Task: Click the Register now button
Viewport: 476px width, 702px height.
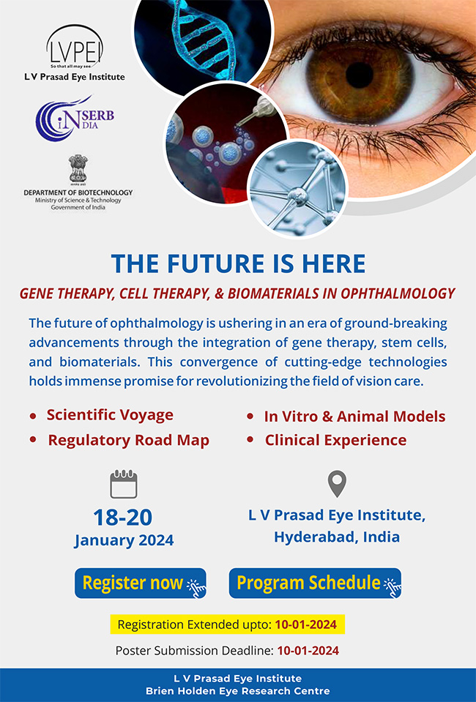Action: (140, 583)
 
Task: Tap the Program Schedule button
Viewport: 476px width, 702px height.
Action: (315, 583)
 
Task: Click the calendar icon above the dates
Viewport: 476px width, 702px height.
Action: (124, 485)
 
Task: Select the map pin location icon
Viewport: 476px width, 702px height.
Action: (337, 484)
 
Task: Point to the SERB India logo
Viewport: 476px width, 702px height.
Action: (75, 118)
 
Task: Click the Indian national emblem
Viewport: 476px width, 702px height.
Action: (78, 169)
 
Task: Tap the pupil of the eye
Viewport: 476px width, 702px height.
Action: (359, 75)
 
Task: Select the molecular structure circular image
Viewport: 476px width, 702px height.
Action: (297, 188)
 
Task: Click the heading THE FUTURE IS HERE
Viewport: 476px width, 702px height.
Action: (238, 264)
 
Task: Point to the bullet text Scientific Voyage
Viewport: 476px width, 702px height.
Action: (110, 415)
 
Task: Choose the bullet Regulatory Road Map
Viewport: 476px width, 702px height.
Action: (128, 440)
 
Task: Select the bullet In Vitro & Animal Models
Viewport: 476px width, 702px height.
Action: (354, 417)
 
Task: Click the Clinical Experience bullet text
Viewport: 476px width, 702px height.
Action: (336, 440)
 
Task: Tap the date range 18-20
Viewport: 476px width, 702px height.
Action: (123, 517)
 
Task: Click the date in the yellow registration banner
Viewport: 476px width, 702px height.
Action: (306, 624)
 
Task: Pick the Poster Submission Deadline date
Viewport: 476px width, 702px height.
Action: (308, 651)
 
